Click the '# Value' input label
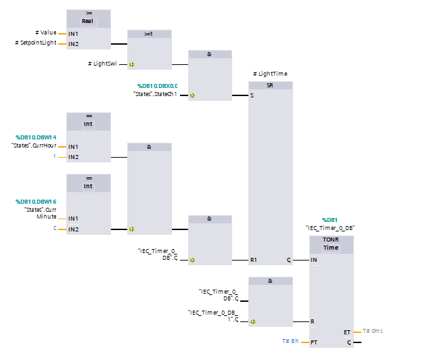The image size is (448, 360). [x=45, y=32]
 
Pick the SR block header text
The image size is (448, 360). [x=270, y=86]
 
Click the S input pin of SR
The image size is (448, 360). [x=253, y=95]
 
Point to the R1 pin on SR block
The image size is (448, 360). [x=254, y=260]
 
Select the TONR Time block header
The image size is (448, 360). [x=331, y=244]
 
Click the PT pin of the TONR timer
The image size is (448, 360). [x=314, y=342]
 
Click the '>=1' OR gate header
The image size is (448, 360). [x=150, y=32]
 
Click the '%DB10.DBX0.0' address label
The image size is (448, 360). [x=158, y=86]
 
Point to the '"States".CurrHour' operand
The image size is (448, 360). [x=34, y=146]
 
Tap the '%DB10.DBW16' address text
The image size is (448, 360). [x=36, y=202]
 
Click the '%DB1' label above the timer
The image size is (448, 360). [x=330, y=220]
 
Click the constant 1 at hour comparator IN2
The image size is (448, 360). [x=56, y=157]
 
